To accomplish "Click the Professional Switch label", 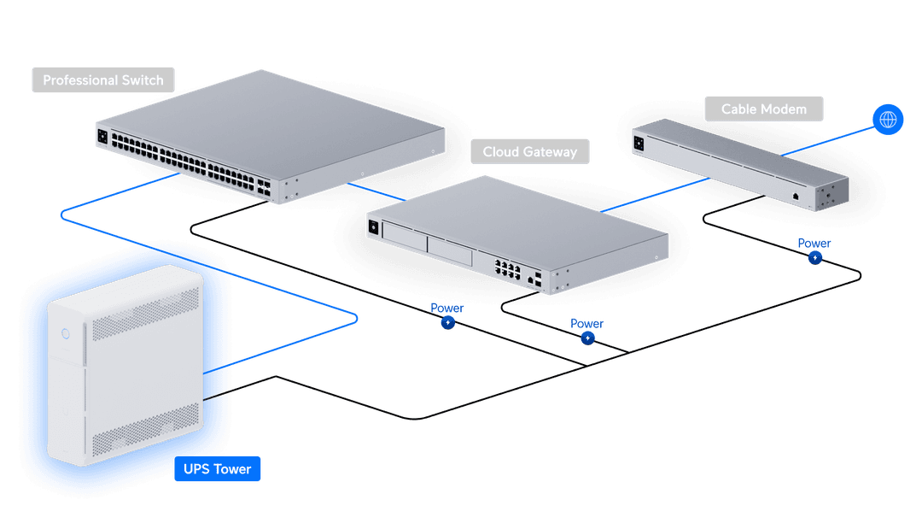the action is tap(103, 80).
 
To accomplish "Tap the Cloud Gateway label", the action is tap(530, 152).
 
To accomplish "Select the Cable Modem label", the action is tap(764, 109).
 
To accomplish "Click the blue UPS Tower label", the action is tap(218, 469).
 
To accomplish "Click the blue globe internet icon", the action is tap(888, 120).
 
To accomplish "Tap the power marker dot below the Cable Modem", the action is tap(815, 258).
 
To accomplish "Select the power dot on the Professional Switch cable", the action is tap(448, 322).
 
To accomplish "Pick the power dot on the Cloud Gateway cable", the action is tap(587, 338).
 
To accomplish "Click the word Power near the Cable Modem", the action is tap(814, 243).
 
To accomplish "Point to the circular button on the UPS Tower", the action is tap(66, 334).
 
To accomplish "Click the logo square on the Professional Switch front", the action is tap(102, 137).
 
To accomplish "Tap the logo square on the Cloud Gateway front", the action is tap(373, 227).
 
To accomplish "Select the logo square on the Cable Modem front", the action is tap(639, 143).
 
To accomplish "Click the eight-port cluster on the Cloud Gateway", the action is tap(507, 269).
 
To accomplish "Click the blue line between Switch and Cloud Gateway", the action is tap(376, 191).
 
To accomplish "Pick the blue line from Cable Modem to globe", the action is tap(828, 141).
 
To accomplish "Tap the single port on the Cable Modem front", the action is tap(796, 197).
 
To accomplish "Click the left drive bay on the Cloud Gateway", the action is tap(405, 238).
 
